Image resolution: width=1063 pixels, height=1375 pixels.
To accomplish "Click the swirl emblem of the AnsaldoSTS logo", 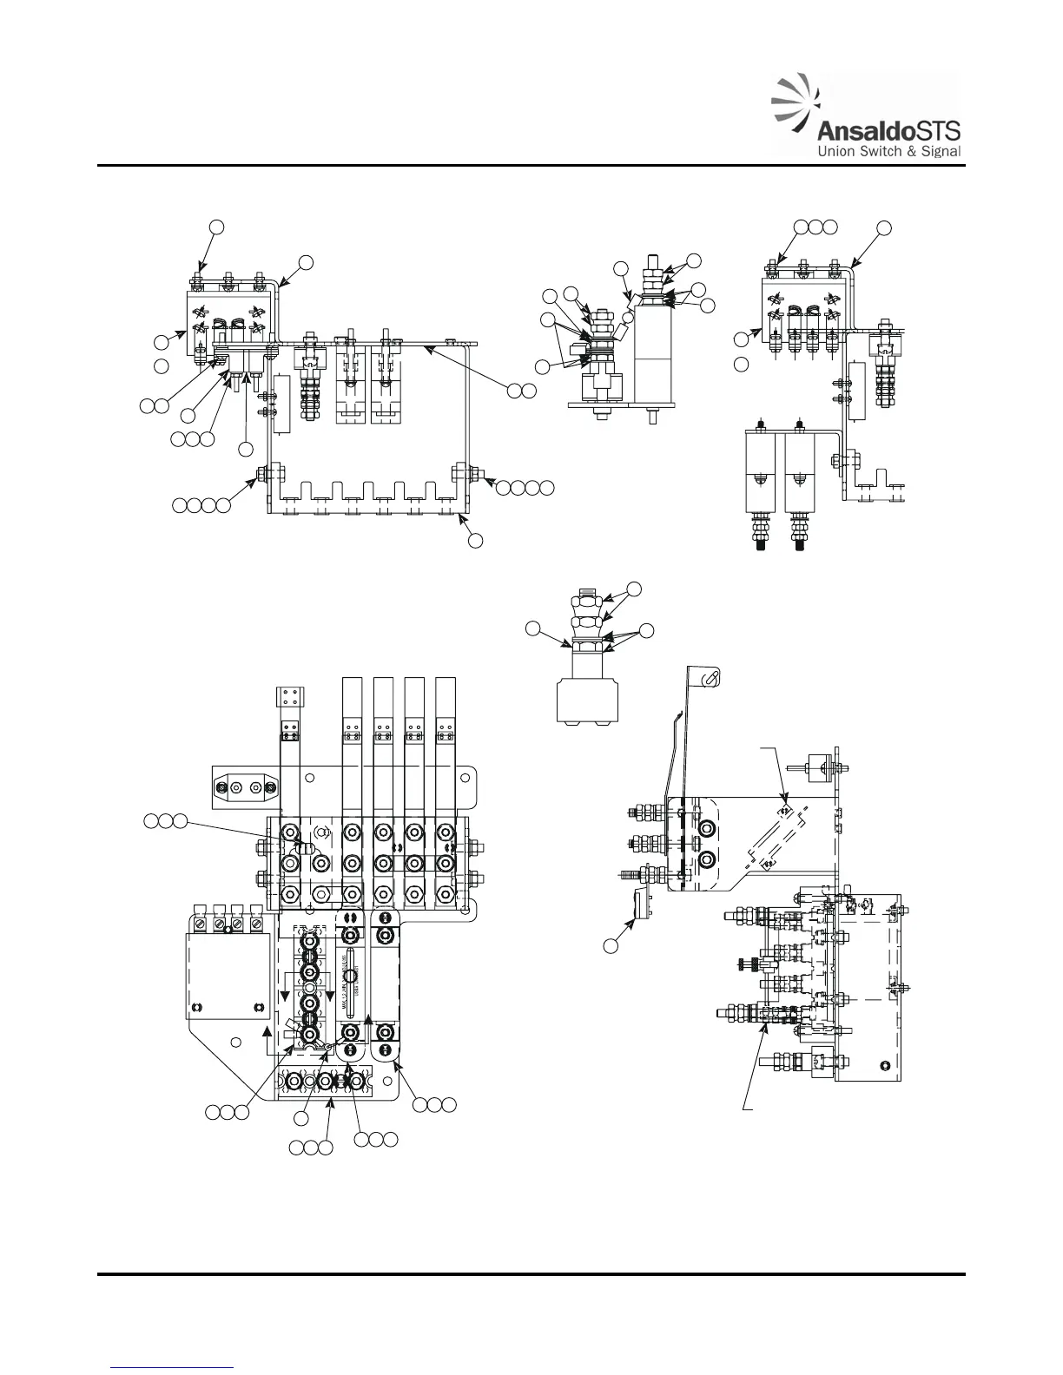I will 796,109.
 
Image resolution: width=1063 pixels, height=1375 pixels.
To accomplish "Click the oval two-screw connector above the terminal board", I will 247,786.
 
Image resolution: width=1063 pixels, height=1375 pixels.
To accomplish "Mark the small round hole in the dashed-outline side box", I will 884,1065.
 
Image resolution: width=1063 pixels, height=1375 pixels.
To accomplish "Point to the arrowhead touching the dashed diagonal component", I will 784,796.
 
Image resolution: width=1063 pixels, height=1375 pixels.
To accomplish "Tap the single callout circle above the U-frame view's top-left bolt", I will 217,226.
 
